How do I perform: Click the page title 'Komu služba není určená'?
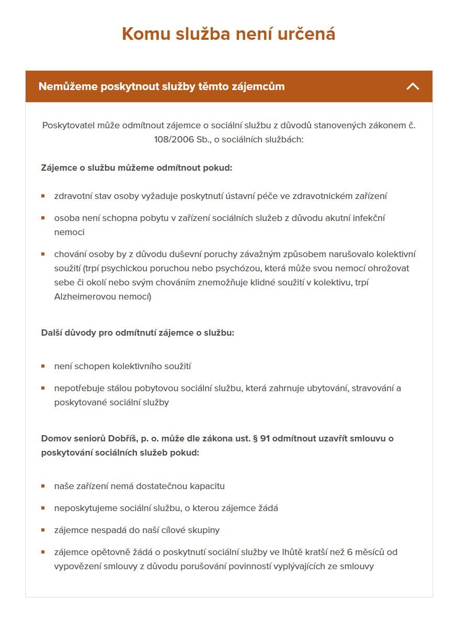coord(229,34)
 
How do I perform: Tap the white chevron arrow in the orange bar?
coord(413,86)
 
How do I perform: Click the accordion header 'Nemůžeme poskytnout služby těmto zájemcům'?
coord(162,86)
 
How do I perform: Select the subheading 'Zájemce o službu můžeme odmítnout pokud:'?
coord(136,168)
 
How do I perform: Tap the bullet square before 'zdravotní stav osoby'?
coord(43,196)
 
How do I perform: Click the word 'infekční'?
coord(368,218)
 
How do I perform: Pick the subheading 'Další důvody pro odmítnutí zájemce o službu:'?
coord(138,333)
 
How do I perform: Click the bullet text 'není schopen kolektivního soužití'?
coord(122,367)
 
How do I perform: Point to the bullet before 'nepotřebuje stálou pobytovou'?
coord(43,389)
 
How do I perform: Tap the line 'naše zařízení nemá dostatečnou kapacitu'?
coord(139,486)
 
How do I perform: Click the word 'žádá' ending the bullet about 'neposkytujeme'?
coord(267,508)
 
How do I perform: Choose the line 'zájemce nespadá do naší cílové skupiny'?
coord(136,530)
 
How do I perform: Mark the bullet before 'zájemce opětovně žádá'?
coord(43,552)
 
